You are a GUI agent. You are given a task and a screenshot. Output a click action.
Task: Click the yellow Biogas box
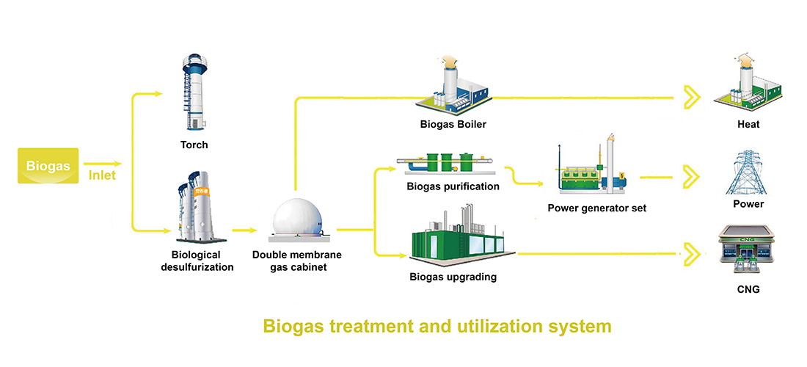[x=48, y=166]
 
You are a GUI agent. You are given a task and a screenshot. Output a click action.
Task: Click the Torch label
[x=194, y=145]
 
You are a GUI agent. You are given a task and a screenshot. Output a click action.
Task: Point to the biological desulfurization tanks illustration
[x=197, y=206]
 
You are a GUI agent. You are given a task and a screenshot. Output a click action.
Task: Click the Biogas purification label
[x=453, y=186]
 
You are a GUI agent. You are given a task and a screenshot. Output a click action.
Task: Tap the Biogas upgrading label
[x=453, y=277]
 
